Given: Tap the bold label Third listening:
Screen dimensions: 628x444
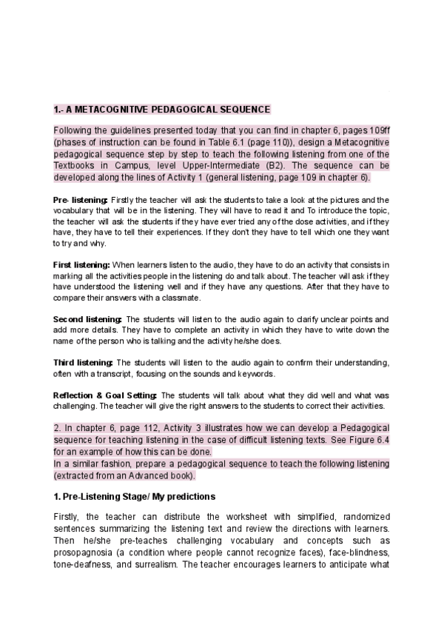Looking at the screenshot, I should tap(84, 361).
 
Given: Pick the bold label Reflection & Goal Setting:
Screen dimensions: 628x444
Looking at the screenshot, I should tap(104, 395).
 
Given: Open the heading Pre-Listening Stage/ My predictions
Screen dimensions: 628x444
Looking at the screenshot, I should tap(136, 494).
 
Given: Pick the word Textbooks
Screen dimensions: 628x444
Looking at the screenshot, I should tap(73, 166).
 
